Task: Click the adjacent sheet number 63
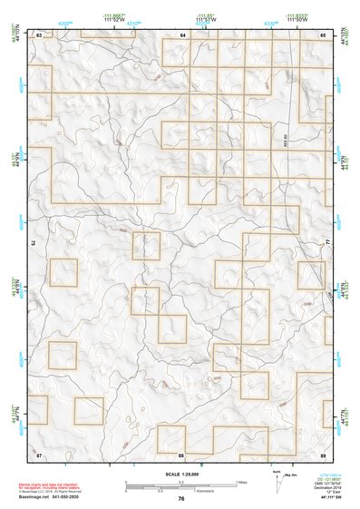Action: (39, 34)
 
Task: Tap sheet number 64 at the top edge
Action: (182, 34)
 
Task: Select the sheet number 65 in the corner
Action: (324, 34)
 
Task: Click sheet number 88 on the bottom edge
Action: (181, 454)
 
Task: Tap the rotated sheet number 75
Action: (35, 243)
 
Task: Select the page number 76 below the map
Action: (181, 498)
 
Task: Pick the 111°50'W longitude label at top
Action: (295, 21)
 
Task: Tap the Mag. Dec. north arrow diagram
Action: (278, 476)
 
